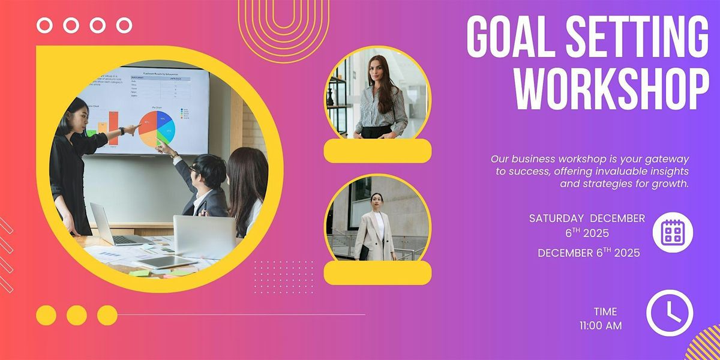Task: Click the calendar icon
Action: (672, 232)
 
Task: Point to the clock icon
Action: (669, 313)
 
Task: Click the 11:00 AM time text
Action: (601, 326)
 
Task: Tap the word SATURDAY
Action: (556, 218)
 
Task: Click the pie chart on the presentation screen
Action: (157, 128)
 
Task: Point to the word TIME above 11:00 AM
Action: (605, 311)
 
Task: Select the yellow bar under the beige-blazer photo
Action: (377, 272)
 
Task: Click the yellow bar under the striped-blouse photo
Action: (377, 151)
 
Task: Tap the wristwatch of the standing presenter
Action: (122, 131)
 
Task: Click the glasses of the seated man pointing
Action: (194, 169)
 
